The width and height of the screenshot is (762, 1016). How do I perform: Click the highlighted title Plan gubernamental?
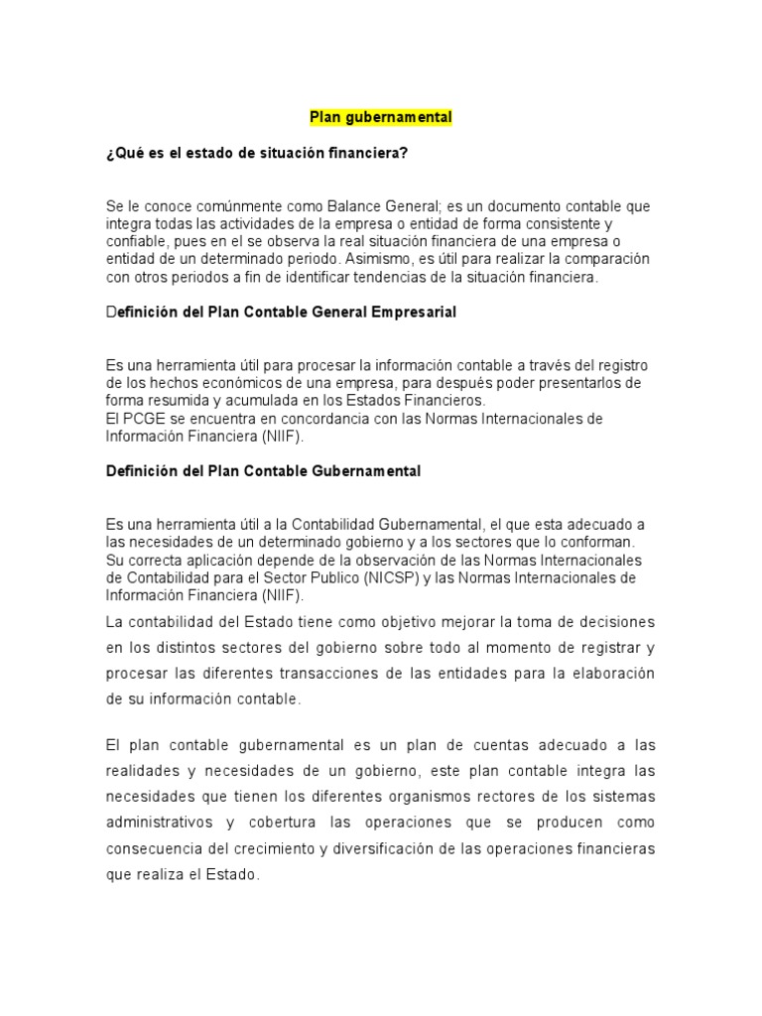click(x=381, y=117)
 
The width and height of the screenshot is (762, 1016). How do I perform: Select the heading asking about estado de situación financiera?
click(x=257, y=152)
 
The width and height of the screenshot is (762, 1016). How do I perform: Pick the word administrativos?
click(x=159, y=823)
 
